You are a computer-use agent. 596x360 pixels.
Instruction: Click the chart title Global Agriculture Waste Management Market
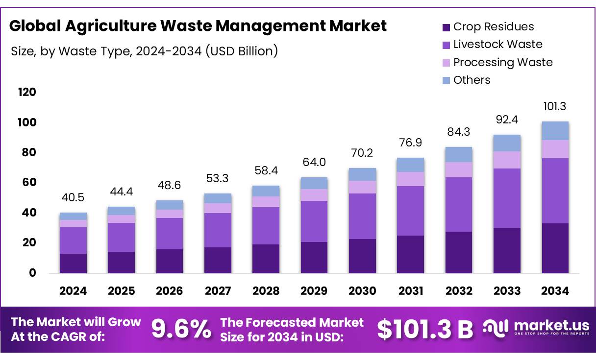198,25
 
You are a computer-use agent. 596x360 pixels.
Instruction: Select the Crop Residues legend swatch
446,27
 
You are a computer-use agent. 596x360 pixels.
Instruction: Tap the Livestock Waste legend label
497,44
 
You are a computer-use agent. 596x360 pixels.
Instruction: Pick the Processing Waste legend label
502,62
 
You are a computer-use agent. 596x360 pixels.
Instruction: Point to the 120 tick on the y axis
26,92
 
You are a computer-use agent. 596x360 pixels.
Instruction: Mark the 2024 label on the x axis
73,291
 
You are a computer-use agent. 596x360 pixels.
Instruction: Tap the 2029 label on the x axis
314,291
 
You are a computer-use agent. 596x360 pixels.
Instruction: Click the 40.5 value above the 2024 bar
73,198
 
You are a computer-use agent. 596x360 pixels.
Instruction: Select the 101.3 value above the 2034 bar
555,106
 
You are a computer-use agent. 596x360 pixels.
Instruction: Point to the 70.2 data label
362,153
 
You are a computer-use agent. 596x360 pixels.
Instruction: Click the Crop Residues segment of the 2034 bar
555,248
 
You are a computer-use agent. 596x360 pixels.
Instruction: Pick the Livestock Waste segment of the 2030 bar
362,216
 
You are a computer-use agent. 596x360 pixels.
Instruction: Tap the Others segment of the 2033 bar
507,143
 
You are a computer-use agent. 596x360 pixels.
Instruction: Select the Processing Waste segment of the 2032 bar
459,169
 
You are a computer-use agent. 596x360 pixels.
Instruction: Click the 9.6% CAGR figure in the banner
181,329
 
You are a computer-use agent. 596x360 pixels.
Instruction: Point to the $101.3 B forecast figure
424,329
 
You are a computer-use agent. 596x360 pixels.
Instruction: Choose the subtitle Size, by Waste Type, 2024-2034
145,51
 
